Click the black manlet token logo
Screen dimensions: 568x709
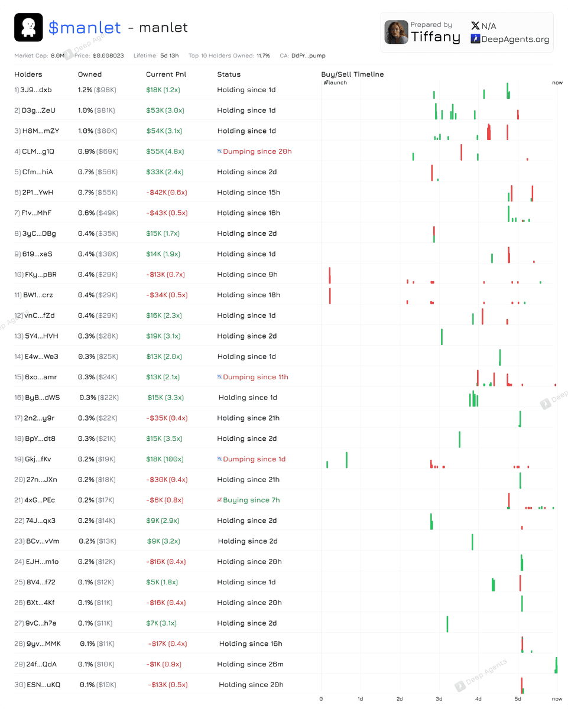(x=28, y=27)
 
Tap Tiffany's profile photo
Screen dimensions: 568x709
(x=396, y=32)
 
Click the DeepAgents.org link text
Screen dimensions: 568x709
(x=515, y=39)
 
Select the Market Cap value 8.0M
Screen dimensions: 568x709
(x=58, y=56)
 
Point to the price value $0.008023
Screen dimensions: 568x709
(x=108, y=56)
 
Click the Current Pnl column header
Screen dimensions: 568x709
(x=166, y=74)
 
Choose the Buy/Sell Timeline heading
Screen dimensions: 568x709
(x=352, y=74)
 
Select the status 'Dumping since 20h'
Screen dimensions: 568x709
(x=257, y=151)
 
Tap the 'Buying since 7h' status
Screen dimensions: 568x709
(x=251, y=500)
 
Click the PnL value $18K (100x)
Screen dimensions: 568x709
(x=165, y=459)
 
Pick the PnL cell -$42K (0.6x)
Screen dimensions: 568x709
(x=167, y=193)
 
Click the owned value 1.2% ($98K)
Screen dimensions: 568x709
(x=97, y=90)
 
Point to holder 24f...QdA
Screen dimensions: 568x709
(x=41, y=664)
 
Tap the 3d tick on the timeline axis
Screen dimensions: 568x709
(x=439, y=699)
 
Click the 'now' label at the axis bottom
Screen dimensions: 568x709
(x=557, y=699)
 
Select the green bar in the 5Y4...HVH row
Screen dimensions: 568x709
(x=442, y=337)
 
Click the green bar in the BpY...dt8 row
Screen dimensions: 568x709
(x=460, y=439)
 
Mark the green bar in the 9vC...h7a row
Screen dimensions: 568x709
(x=447, y=624)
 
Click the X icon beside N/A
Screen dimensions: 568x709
(x=475, y=25)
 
